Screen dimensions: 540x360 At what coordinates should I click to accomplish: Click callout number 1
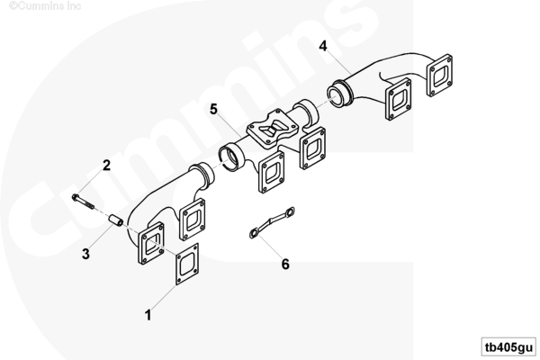(148, 315)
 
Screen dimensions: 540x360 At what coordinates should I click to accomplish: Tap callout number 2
(107, 166)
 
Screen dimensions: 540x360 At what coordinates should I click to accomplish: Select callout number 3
(85, 254)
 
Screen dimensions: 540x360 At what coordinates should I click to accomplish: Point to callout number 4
(323, 46)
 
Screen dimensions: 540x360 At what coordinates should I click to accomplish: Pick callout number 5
(214, 109)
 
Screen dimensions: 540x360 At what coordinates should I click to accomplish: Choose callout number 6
(285, 265)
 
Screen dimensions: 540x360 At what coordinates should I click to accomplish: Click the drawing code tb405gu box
(508, 346)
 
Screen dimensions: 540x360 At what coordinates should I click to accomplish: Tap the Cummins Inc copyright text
(45, 6)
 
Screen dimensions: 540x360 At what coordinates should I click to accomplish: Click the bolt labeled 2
(83, 202)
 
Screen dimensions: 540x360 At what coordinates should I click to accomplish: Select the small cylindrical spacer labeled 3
(116, 220)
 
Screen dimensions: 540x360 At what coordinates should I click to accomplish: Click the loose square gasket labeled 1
(187, 264)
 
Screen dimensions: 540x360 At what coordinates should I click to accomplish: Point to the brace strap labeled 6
(272, 222)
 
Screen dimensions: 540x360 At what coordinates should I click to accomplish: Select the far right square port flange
(439, 75)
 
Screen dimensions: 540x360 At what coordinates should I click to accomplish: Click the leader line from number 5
(230, 125)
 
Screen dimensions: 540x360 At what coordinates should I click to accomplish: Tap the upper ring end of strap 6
(289, 212)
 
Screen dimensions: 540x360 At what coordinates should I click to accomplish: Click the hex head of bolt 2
(76, 197)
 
